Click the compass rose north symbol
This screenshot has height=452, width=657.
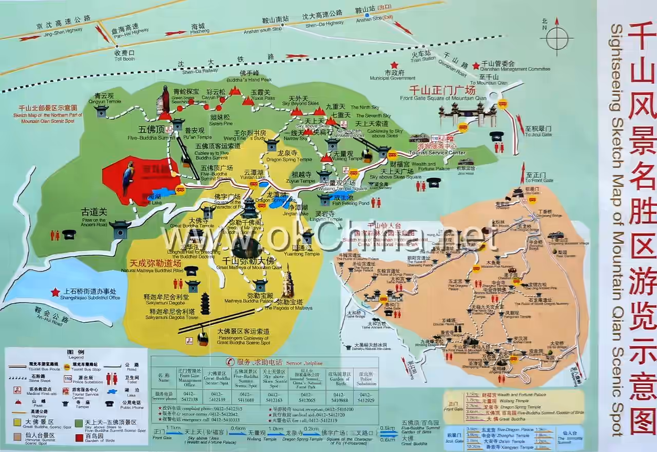click(x=556, y=37)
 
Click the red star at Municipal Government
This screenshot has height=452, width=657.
click(x=394, y=65)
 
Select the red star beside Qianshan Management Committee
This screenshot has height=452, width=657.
click(x=476, y=66)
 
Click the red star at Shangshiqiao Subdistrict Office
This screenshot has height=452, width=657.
click(x=55, y=292)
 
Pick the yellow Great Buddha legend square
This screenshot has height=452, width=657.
click(x=17, y=423)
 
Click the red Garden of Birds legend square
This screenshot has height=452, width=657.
click(x=80, y=438)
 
